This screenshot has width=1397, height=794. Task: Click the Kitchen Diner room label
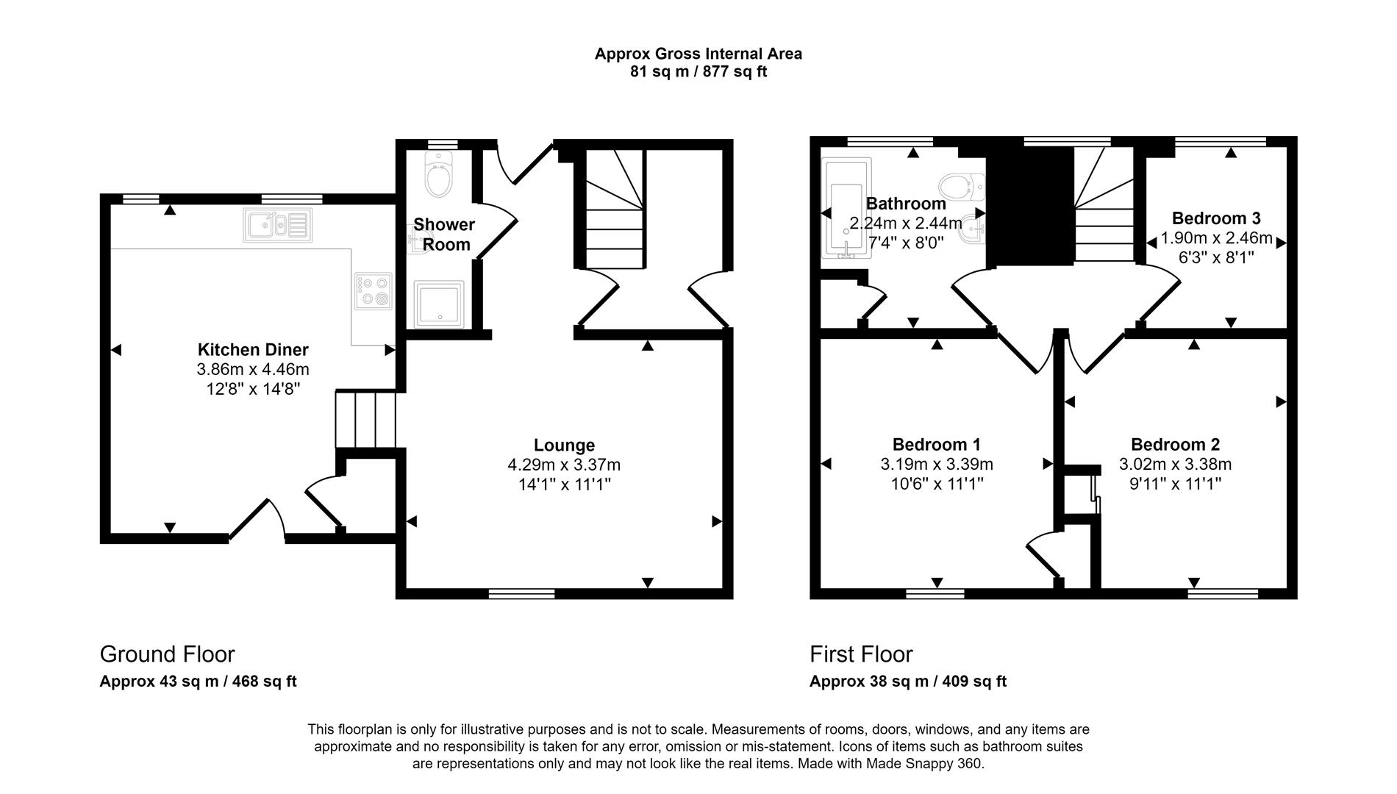click(253, 350)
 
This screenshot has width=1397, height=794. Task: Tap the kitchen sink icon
click(277, 225)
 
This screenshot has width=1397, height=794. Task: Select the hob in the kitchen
click(374, 290)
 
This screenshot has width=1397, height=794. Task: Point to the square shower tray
click(438, 304)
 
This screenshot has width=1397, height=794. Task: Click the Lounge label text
click(564, 445)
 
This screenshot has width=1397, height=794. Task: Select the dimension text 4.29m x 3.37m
click(564, 465)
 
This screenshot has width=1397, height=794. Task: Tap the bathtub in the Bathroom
click(846, 210)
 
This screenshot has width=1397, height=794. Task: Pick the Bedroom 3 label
click(1216, 218)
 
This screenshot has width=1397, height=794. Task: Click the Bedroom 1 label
click(936, 445)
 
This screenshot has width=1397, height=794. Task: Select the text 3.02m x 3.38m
click(1175, 465)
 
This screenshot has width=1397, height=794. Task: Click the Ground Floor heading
click(167, 654)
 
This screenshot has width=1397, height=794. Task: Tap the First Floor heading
click(861, 654)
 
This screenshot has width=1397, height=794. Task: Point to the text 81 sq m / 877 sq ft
click(698, 72)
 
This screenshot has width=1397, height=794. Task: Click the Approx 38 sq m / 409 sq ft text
click(907, 682)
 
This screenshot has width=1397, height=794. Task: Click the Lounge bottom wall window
click(521, 593)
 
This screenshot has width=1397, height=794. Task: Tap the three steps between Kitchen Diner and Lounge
click(366, 420)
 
